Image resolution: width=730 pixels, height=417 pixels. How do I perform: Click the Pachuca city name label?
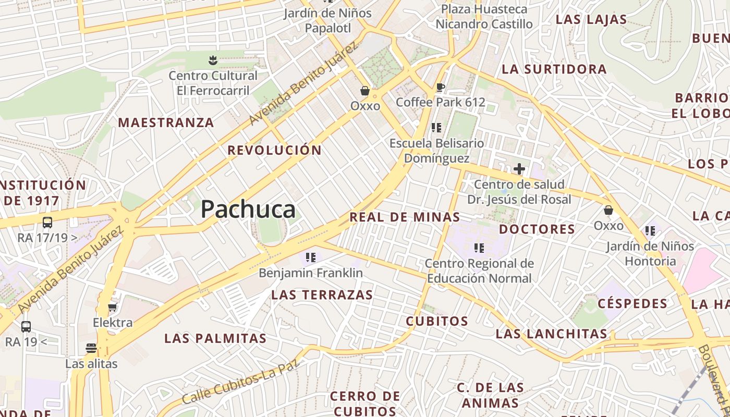(248, 210)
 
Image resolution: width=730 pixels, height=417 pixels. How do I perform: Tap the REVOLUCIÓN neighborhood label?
(275, 150)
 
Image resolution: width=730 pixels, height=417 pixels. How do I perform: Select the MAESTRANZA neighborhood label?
(166, 123)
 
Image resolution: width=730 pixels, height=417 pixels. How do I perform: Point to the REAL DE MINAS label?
(405, 217)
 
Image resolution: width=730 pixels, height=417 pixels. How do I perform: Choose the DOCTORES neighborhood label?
(537, 229)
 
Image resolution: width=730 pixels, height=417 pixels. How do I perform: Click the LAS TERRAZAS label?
(322, 295)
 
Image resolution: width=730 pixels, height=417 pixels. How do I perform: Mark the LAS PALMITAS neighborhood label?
(215, 338)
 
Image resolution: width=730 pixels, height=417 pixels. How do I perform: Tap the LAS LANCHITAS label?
(552, 334)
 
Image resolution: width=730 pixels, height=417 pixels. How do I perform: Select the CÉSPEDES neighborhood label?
(632, 303)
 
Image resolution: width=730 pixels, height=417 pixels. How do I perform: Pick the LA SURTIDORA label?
(554, 69)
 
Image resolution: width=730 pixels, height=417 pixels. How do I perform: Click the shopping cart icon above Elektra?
(112, 308)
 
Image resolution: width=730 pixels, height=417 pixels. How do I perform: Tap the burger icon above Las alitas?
(91, 348)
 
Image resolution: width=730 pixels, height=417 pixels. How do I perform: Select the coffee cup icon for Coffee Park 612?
(441, 87)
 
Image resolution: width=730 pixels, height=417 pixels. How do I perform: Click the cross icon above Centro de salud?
(519, 169)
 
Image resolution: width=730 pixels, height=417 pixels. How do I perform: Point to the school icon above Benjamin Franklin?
(311, 257)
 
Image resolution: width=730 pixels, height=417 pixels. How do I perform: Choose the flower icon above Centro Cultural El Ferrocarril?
(212, 60)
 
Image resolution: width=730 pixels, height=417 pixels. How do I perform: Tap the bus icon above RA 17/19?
(47, 223)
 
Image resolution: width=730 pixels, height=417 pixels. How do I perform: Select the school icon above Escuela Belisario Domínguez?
(436, 128)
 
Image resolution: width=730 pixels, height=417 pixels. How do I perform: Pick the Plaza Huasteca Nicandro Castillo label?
(484, 17)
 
